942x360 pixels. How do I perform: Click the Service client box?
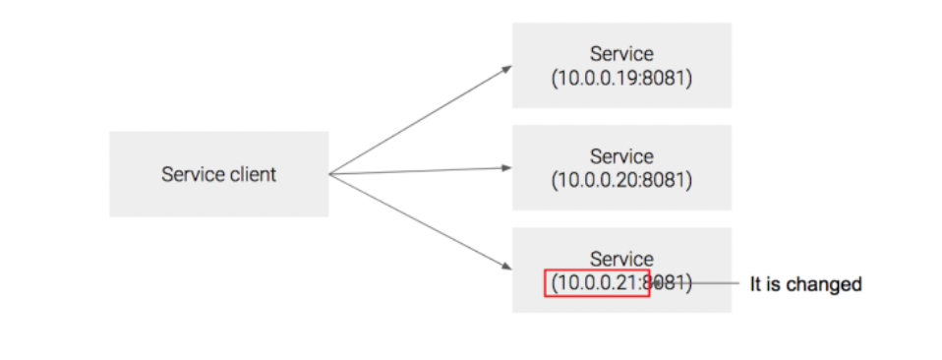[x=218, y=174]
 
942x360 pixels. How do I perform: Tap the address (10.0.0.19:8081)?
[x=621, y=77]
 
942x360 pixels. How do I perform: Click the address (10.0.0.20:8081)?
[x=621, y=180]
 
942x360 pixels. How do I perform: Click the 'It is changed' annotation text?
[x=805, y=284]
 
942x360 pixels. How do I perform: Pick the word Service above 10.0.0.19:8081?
[x=621, y=53]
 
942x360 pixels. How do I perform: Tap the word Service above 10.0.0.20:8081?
[x=621, y=156]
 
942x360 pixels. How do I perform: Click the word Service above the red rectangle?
[x=621, y=260]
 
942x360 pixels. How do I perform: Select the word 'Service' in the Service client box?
[x=189, y=175]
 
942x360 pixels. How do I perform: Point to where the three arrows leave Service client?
[x=330, y=175]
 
